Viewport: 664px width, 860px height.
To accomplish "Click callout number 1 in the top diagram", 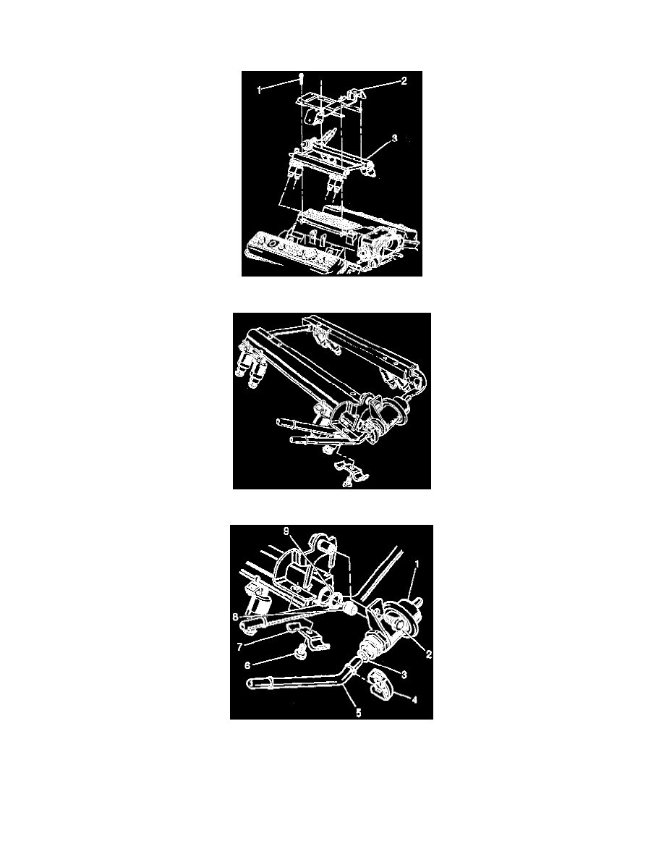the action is click(x=259, y=90).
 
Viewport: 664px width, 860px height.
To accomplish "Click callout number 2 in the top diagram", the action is click(x=404, y=81).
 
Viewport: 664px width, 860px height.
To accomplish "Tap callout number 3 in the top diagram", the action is click(x=394, y=139).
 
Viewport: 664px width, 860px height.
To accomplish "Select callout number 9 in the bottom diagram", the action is click(x=286, y=531).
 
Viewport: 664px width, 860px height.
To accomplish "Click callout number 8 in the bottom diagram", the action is click(x=235, y=617).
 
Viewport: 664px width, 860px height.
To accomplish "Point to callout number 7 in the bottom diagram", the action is click(x=239, y=646).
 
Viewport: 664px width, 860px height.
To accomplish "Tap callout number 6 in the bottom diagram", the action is click(x=247, y=665).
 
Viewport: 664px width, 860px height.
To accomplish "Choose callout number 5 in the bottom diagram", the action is click(x=359, y=713).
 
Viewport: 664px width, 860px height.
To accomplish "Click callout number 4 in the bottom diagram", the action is click(x=414, y=700).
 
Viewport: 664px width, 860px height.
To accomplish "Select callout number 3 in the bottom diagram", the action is click(x=404, y=675).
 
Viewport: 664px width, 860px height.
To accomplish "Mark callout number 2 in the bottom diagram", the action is click(x=428, y=654).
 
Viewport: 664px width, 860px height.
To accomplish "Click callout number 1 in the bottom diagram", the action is click(x=417, y=564).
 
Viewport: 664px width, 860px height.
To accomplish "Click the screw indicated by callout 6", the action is click(x=299, y=653).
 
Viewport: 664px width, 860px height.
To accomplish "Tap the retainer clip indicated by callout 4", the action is click(x=378, y=684).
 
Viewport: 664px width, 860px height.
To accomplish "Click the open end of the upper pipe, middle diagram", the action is click(x=279, y=421).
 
